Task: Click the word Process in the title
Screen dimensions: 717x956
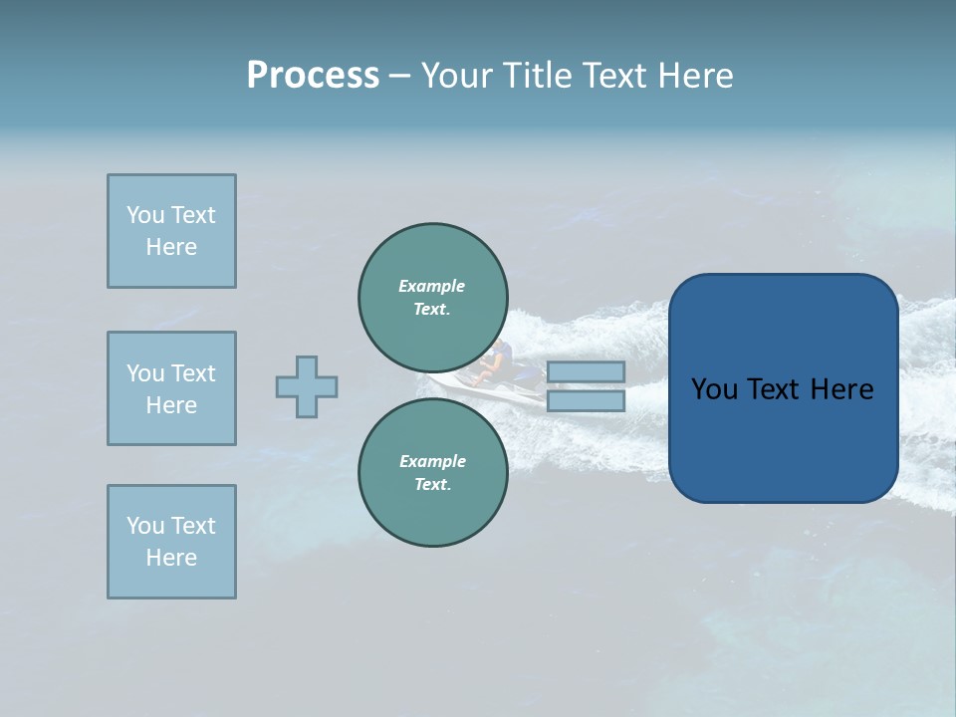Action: [313, 76]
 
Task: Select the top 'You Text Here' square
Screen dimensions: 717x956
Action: [171, 231]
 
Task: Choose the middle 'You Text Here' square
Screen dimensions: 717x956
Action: [171, 388]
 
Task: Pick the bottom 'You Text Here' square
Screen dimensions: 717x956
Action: [171, 542]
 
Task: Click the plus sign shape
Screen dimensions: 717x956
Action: [307, 386]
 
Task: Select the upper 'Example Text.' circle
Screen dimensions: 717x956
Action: [432, 297]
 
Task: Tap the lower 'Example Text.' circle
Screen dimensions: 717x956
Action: [432, 472]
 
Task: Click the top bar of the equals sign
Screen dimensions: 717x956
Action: [586, 371]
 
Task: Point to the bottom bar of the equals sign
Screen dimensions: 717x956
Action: [586, 400]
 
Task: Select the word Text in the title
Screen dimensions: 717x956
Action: [613, 76]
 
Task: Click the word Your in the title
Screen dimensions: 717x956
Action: [459, 76]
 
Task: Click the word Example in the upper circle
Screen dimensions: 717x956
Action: [431, 286]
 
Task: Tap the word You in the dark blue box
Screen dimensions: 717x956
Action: [715, 389]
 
